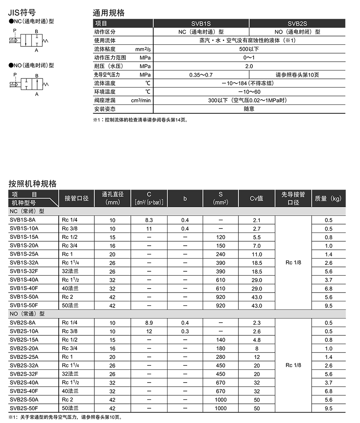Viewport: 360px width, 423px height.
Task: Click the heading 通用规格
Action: point(109,13)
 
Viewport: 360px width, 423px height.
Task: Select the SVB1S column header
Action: point(201,24)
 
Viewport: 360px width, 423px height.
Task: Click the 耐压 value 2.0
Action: point(249,66)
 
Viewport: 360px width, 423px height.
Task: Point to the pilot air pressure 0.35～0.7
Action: point(201,75)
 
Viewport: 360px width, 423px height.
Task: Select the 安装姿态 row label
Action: point(105,109)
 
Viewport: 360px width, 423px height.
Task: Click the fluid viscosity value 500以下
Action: point(249,49)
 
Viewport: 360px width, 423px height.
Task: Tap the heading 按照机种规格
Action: point(33,184)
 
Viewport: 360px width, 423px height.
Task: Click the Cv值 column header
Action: point(256,198)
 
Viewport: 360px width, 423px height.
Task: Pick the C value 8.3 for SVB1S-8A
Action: point(149,220)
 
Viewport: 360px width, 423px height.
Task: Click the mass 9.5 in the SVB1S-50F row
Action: point(328,306)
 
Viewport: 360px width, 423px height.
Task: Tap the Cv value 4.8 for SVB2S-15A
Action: point(256,340)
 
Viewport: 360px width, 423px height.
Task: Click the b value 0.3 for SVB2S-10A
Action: point(185,331)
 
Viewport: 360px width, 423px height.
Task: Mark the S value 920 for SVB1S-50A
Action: point(220,297)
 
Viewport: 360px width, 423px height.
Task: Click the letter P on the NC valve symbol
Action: point(14,30)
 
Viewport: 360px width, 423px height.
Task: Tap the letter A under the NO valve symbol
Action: point(36,94)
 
